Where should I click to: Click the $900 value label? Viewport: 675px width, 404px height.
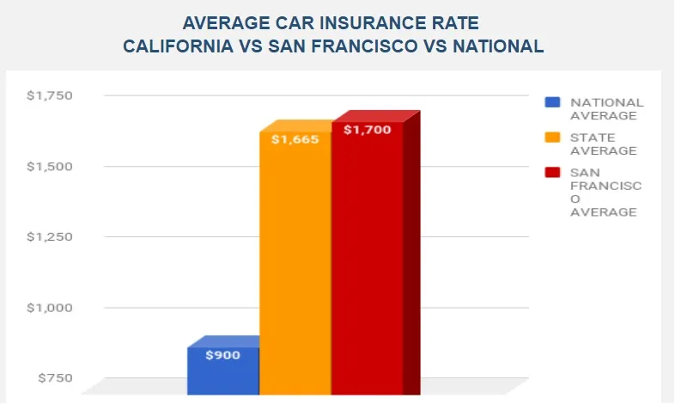[222, 354]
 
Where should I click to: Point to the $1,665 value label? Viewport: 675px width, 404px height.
[295, 138]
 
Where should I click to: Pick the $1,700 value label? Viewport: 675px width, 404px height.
[367, 130]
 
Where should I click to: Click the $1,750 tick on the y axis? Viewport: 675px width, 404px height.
[50, 95]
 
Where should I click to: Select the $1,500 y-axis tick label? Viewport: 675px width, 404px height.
[50, 166]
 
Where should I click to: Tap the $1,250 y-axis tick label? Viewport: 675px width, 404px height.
[50, 236]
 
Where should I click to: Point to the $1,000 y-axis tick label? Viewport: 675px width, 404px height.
[50, 308]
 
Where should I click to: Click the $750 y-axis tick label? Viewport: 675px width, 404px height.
[55, 378]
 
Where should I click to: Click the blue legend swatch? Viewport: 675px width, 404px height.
[553, 102]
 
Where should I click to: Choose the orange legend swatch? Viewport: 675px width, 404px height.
[553, 138]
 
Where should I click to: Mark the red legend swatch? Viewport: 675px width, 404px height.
[553, 173]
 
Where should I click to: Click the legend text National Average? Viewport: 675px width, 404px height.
[606, 108]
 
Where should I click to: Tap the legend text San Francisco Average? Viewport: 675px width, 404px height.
[605, 192]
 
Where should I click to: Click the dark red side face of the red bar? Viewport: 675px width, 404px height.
[411, 258]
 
